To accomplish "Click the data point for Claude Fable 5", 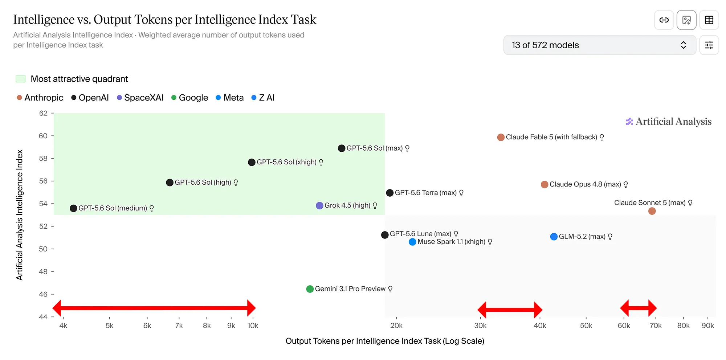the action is tap(501, 137).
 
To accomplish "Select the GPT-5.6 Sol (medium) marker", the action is tap(73, 208).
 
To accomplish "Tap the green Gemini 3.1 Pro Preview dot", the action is tap(310, 289).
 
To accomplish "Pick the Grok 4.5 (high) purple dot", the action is tap(319, 206).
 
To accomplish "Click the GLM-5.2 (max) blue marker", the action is tap(554, 237).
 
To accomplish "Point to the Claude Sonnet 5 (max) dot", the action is tap(652, 211).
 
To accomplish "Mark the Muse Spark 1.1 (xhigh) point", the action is tap(412, 242).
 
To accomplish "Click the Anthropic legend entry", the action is tap(40, 98).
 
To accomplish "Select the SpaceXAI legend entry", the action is tap(140, 98).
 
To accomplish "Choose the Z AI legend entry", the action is tap(263, 98).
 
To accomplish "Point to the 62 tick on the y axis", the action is tap(43, 113).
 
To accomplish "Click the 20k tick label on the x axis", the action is tap(396, 326).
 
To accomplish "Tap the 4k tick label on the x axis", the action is tap(63, 326).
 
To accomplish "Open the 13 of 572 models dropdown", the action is tap(600, 45).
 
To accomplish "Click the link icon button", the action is tap(664, 20).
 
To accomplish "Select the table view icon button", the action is tap(709, 20).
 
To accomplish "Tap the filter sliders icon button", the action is tap(709, 45).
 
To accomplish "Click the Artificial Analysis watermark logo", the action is tap(668, 122).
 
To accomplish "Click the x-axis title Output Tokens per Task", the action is tap(385, 341).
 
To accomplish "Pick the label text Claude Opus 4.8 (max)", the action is tap(585, 184).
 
